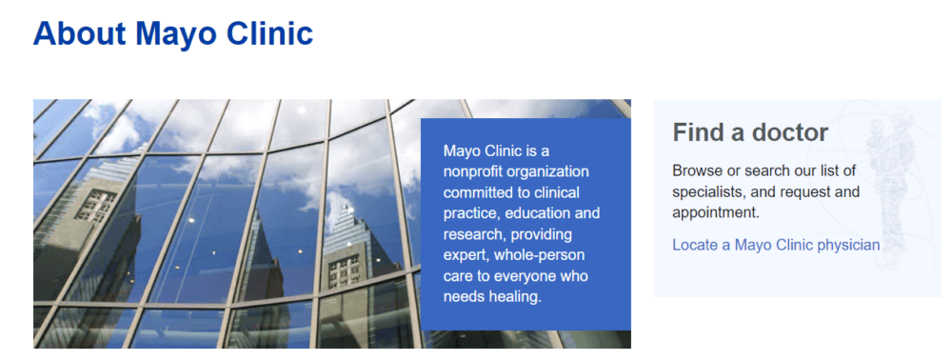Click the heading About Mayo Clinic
[x=173, y=34]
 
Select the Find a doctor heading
[x=750, y=132]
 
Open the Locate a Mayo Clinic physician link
[x=776, y=245]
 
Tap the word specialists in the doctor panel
[x=707, y=192]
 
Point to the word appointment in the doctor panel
[x=716, y=213]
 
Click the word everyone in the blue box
[x=524, y=276]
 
